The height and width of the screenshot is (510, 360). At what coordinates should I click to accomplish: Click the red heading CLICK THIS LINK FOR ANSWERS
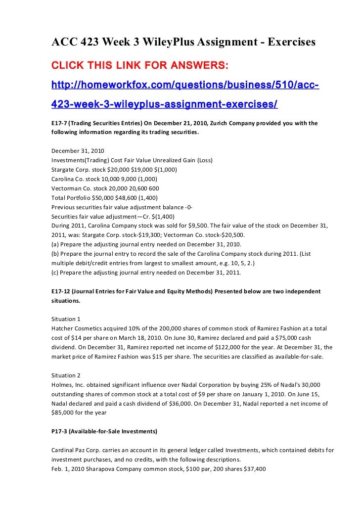point(140,66)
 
